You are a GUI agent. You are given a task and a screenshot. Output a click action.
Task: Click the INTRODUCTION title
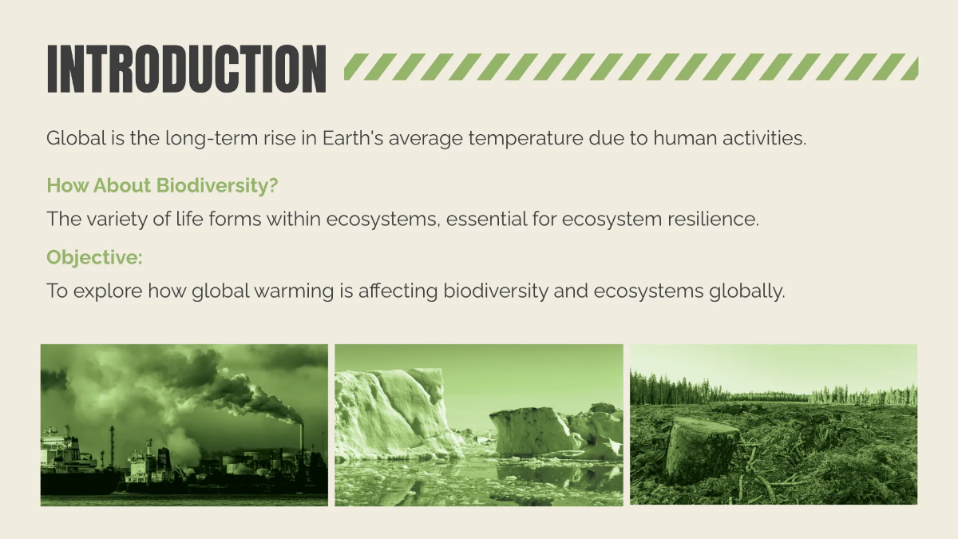(186, 69)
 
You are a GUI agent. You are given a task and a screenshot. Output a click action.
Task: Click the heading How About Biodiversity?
(162, 186)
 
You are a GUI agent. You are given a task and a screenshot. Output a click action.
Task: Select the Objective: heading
(94, 257)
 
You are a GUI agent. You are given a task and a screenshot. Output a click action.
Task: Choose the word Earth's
(351, 138)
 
